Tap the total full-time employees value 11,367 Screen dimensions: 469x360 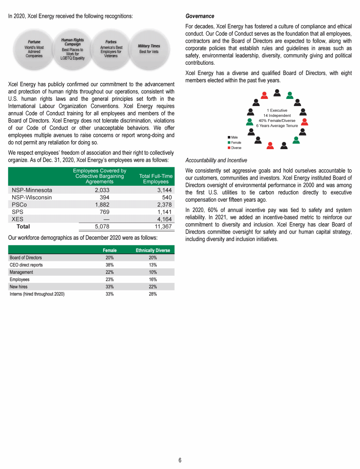tap(157, 226)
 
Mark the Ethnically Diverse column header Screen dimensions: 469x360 tap(153, 250)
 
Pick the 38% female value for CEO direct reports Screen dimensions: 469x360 tap(109, 265)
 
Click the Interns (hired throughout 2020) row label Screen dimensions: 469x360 tap(37, 294)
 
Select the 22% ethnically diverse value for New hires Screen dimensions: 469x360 tap(153, 287)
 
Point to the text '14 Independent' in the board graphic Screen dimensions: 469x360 tap(277, 115)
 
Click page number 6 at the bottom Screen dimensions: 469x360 tap(180, 460)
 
